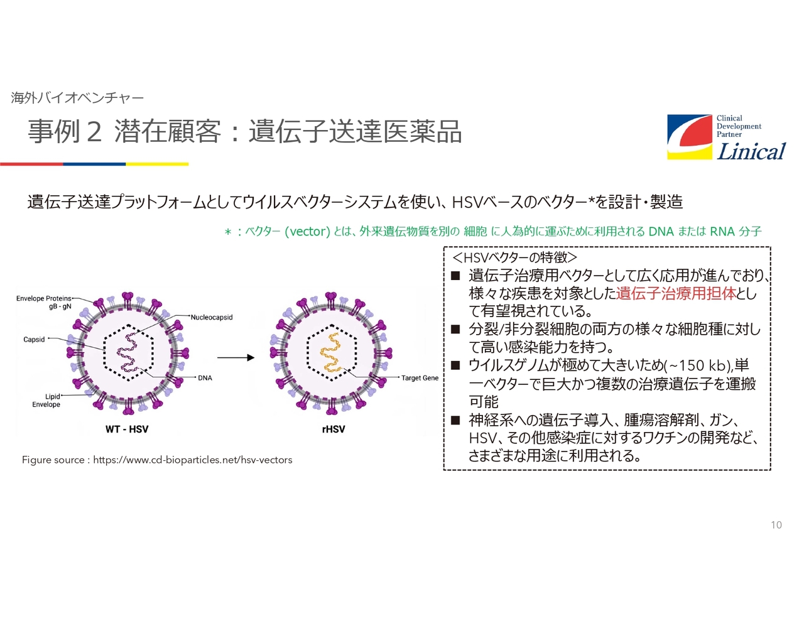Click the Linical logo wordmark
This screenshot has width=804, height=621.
click(751, 151)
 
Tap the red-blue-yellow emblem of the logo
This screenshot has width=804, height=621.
click(690, 137)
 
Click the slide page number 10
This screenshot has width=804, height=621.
click(776, 525)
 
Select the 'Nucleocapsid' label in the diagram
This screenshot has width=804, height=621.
click(212, 317)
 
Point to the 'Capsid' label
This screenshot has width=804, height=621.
click(34, 339)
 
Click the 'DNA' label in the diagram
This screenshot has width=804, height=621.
click(205, 377)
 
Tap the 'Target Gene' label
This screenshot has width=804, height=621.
click(420, 377)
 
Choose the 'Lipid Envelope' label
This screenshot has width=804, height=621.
click(46, 400)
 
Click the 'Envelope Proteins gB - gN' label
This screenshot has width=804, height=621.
click(44, 302)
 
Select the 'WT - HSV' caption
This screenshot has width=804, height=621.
click(127, 429)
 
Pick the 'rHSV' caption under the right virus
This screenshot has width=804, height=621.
click(334, 429)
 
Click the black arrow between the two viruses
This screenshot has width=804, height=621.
click(236, 357)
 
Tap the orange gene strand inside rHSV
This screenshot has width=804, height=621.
click(330, 352)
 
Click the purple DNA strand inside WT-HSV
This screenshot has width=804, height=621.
click(128, 352)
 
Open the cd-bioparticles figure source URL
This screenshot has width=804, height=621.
click(192, 460)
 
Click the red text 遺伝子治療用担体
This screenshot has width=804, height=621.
click(676, 293)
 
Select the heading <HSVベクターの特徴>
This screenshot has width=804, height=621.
click(514, 257)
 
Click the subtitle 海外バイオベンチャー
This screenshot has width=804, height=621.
click(77, 98)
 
